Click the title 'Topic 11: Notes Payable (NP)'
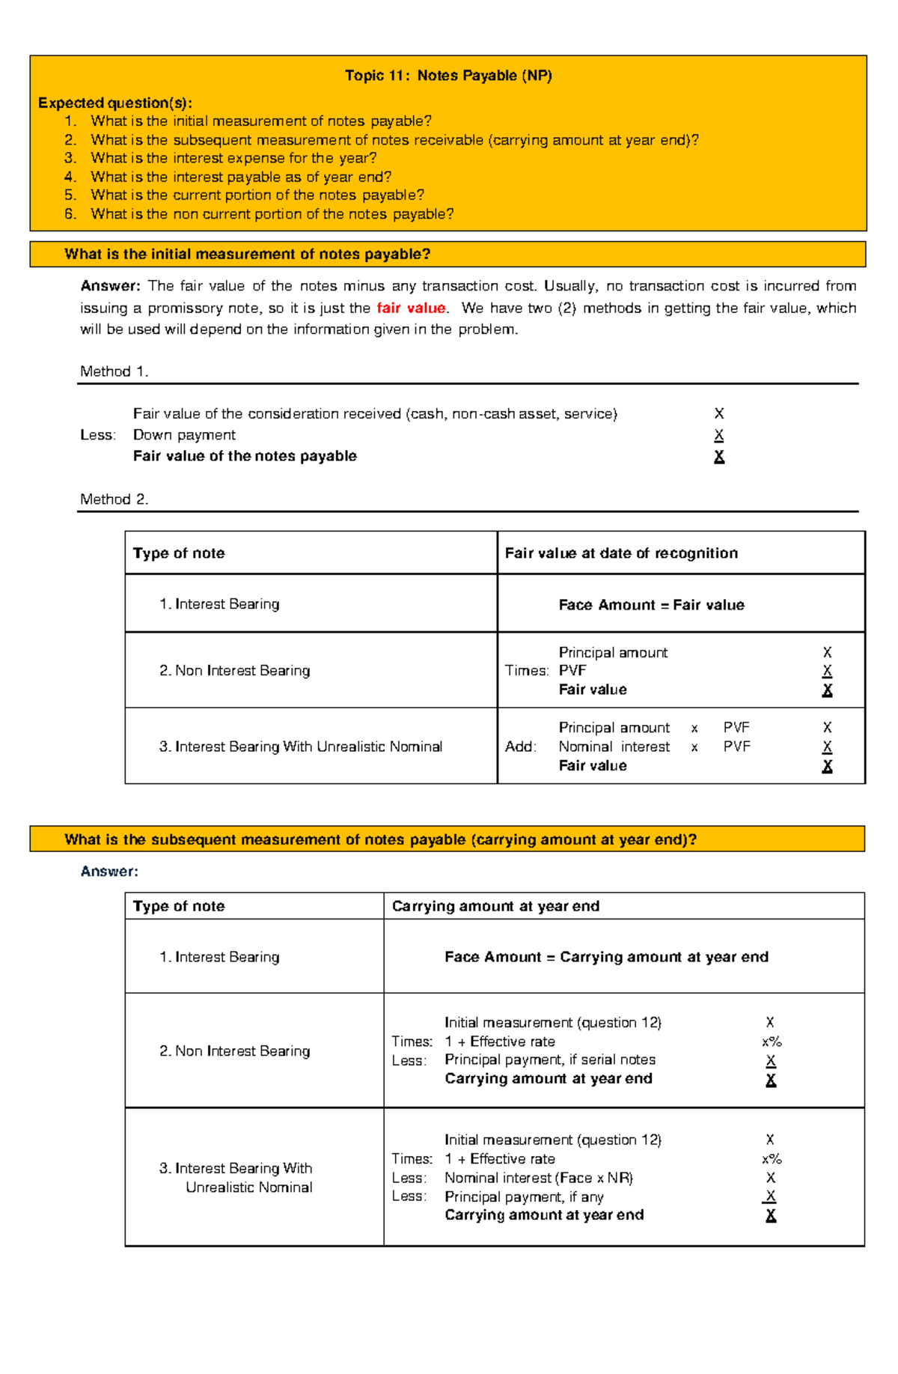tap(448, 76)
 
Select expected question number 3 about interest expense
tap(233, 158)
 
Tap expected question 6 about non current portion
tap(272, 214)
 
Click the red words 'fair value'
tap(411, 308)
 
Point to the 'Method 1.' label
tap(114, 371)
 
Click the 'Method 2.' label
tap(114, 499)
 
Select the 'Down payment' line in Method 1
tap(184, 435)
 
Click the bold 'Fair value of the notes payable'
tap(245, 456)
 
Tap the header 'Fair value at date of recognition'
tap(621, 553)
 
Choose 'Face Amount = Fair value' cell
tap(651, 605)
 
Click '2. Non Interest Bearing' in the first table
tap(234, 671)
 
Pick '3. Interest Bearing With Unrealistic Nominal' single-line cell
tap(300, 747)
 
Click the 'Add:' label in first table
tap(520, 747)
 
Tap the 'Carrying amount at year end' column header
tap(495, 906)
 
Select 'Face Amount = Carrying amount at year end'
tap(606, 957)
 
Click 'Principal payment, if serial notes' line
tap(549, 1060)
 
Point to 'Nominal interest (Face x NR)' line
tap(538, 1178)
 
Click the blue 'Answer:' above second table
tap(109, 872)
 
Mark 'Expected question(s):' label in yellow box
tap(114, 103)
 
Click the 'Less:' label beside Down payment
tap(97, 435)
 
